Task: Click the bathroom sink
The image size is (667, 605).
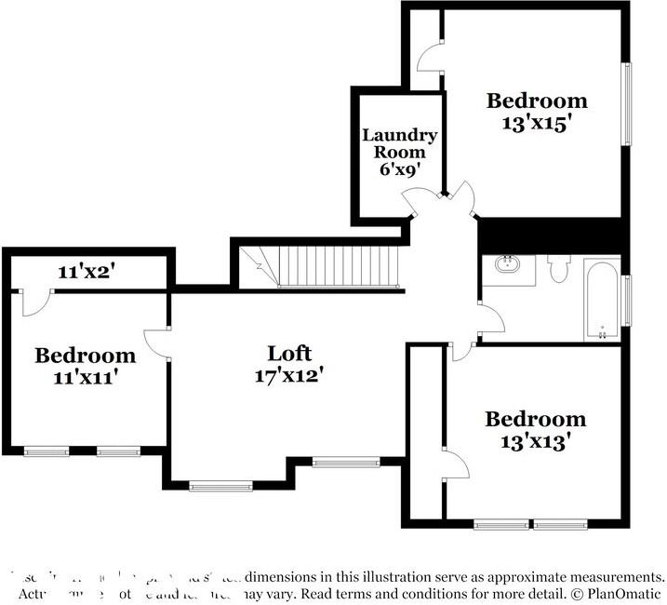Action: (508, 265)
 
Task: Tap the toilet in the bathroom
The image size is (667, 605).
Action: (559, 268)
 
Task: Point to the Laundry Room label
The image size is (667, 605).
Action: (399, 143)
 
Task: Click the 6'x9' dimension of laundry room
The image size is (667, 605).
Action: (400, 169)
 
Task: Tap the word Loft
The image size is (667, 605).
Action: (289, 354)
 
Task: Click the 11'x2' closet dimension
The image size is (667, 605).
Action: (86, 272)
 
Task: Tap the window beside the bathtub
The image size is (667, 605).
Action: (626, 301)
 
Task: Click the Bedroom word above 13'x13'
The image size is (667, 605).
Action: (536, 419)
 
